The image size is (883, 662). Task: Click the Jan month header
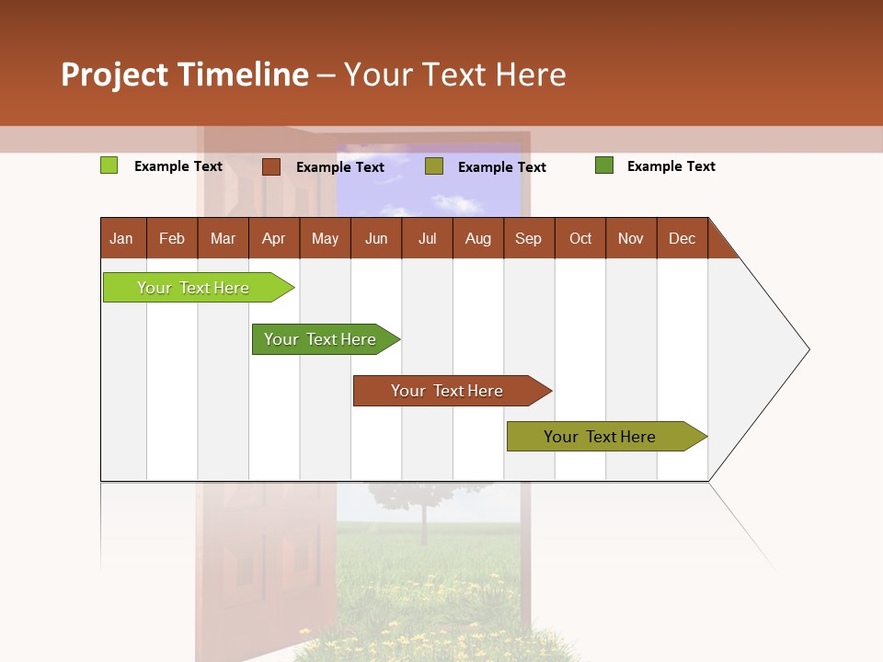point(122,238)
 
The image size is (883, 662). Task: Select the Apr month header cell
point(274,238)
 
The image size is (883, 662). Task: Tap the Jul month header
point(427,238)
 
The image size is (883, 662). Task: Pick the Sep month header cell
point(529,238)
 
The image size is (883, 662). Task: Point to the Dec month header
point(682,238)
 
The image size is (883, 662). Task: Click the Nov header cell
point(631,238)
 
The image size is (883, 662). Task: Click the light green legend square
point(109,165)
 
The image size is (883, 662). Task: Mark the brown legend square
point(270,166)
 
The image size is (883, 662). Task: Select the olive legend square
point(434,166)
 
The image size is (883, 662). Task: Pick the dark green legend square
point(603,165)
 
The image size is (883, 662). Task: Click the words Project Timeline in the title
point(185,74)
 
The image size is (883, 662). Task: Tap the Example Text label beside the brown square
point(340,167)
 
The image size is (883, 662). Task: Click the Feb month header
point(172,238)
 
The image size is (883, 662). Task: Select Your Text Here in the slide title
point(454,74)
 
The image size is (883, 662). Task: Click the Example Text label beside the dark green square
point(671,166)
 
